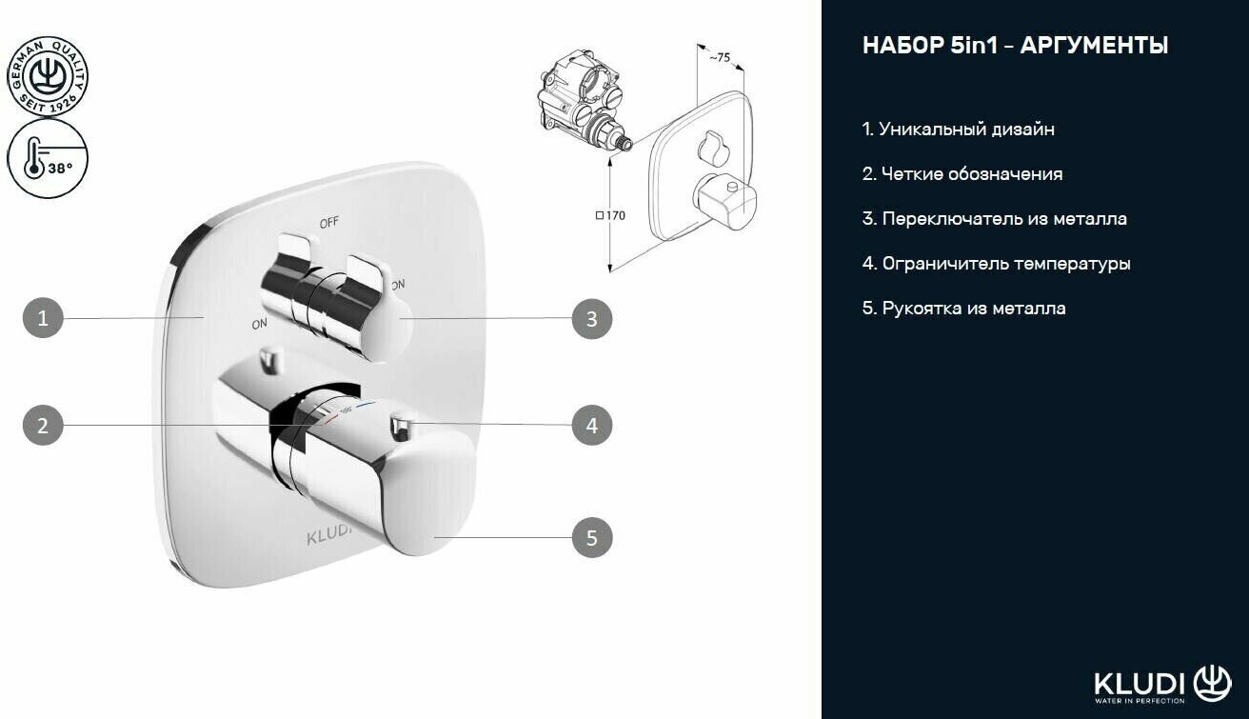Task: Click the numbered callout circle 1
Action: point(43,318)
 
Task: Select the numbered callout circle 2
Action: point(43,425)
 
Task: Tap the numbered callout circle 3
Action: point(591,318)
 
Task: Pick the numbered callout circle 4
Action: point(591,425)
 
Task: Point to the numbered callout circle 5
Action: point(591,538)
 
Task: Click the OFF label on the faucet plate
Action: point(329,223)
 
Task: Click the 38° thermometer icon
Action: point(47,158)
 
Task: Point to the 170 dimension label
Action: point(611,215)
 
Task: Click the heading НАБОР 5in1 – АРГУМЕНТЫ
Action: point(1015,46)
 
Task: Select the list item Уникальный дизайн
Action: point(958,129)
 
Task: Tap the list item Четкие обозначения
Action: point(962,174)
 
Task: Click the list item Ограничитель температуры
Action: point(996,264)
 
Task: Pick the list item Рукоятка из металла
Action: point(963,309)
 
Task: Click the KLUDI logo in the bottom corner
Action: point(1162,683)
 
